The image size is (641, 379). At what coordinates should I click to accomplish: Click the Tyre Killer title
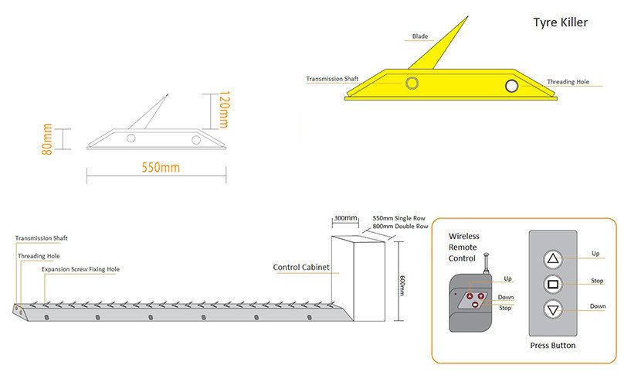(560, 22)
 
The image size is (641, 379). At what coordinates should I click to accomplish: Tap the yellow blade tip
(468, 16)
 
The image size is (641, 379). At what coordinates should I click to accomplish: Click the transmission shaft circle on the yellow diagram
(412, 83)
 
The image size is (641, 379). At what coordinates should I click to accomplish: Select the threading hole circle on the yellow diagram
(512, 86)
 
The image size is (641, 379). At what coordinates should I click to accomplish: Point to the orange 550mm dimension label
(161, 167)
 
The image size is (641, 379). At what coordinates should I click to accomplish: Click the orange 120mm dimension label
(225, 110)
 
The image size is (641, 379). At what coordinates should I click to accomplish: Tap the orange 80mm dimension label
(47, 139)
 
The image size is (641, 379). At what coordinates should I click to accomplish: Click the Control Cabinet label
(301, 268)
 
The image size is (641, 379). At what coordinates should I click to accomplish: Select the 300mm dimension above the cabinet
(345, 218)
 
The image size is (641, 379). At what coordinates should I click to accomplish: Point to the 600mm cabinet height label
(402, 285)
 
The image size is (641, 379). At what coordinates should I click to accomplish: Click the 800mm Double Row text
(400, 227)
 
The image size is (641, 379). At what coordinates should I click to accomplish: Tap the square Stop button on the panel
(553, 284)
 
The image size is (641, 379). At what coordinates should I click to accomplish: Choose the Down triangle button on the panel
(553, 310)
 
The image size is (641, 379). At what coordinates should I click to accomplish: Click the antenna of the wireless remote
(486, 263)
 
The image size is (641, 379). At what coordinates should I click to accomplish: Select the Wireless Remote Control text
(463, 248)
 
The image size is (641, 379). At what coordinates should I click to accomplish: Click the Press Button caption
(553, 346)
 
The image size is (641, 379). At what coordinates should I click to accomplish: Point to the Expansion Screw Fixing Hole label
(80, 269)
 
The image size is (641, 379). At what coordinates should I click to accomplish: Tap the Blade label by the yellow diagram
(420, 36)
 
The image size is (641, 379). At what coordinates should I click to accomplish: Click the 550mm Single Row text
(399, 218)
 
